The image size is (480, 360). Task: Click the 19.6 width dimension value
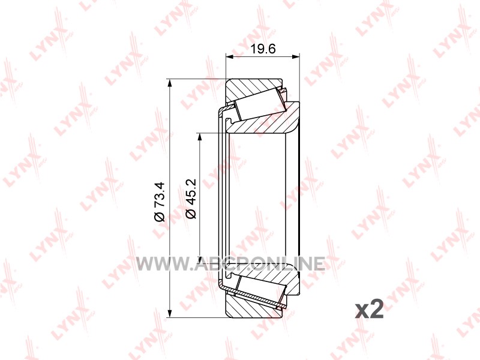pyautogui.click(x=263, y=49)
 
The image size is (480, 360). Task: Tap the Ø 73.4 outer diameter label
pyautogui.click(x=160, y=202)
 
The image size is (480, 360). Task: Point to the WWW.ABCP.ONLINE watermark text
pyautogui.click(x=230, y=263)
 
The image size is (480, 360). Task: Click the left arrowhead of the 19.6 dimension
pyautogui.click(x=229, y=56)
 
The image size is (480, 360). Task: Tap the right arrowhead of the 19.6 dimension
pyautogui.click(x=295, y=56)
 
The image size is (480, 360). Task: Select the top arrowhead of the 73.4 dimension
pyautogui.click(x=169, y=83)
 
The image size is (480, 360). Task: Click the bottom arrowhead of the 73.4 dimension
pyautogui.click(x=169, y=313)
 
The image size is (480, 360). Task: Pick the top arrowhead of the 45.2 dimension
pyautogui.click(x=200, y=137)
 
